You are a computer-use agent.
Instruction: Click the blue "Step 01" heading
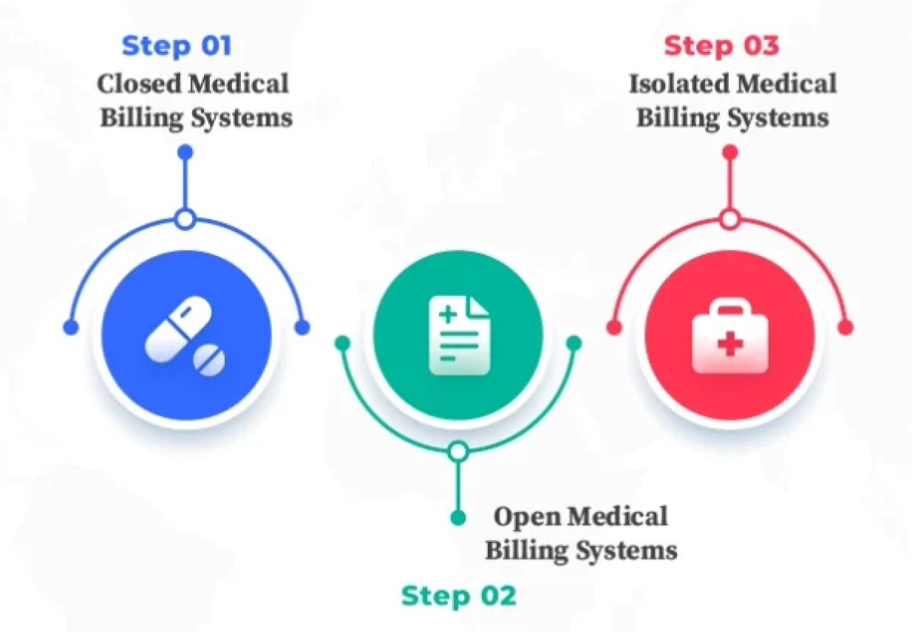[x=176, y=46]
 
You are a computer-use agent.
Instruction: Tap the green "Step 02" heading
[x=458, y=596]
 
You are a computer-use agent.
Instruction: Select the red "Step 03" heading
[x=721, y=46]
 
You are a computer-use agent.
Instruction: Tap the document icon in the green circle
[x=459, y=335]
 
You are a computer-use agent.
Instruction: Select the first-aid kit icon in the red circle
[x=730, y=338]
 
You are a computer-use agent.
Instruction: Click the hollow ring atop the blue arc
[x=186, y=219]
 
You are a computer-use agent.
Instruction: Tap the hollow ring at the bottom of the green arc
[x=458, y=450]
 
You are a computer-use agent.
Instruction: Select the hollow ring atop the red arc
[x=730, y=219]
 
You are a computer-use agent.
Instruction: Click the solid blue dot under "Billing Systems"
[x=186, y=152]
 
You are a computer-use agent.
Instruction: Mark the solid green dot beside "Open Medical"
[x=458, y=517]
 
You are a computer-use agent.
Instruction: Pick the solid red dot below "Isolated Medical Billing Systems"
[x=730, y=152]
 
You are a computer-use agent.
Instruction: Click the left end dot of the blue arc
[x=70, y=327]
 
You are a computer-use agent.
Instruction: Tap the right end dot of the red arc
[x=846, y=327]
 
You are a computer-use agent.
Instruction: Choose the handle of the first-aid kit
[x=730, y=310]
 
